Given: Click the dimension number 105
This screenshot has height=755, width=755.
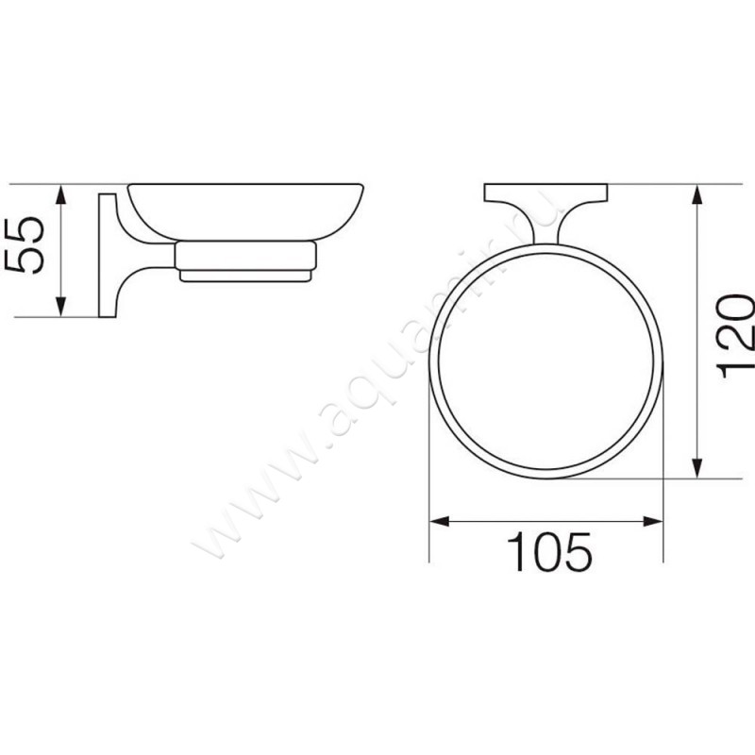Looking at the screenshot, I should (549, 552).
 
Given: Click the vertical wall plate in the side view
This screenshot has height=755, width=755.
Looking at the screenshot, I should (104, 255).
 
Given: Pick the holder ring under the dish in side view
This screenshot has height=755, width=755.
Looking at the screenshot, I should (244, 257).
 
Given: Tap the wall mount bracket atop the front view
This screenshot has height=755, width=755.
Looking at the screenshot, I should (545, 194).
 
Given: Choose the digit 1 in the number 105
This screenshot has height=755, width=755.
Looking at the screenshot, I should (515, 552).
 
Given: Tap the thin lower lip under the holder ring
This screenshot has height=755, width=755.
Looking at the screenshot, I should (244, 277).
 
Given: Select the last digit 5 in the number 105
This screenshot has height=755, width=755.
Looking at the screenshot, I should (579, 552).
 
